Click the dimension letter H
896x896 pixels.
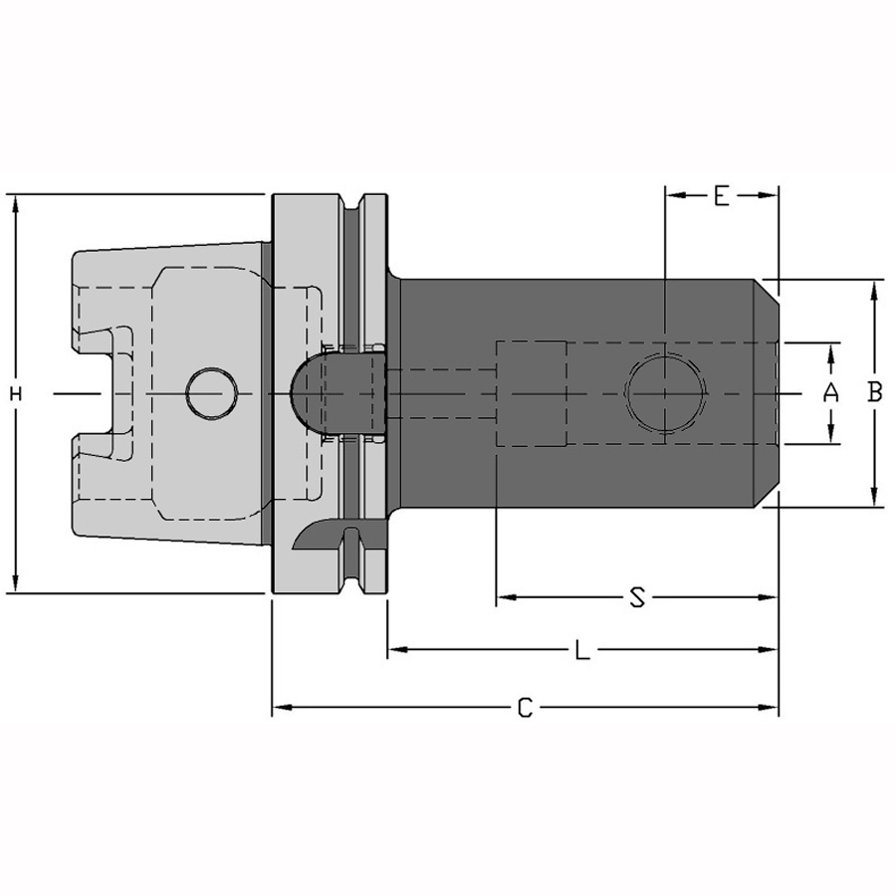click(x=16, y=393)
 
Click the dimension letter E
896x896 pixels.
click(x=722, y=195)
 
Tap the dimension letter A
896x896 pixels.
click(x=830, y=393)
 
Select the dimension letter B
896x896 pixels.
click(x=874, y=392)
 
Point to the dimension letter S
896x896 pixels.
click(x=636, y=597)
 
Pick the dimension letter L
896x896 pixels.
click(x=581, y=650)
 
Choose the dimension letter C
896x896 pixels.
click(x=525, y=708)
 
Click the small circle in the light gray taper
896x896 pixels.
click(x=212, y=394)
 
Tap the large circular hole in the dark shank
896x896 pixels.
click(x=665, y=394)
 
